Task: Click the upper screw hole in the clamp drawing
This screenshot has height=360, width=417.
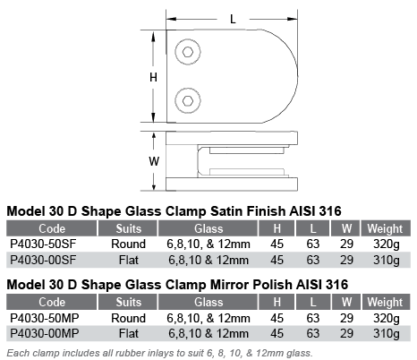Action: point(188,52)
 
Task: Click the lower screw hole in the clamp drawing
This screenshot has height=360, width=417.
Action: point(188,100)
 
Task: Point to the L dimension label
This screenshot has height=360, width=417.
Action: point(233,20)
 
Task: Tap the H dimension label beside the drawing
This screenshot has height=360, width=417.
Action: point(153,78)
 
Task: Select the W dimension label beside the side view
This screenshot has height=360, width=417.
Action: point(154,161)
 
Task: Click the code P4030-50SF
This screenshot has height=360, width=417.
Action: point(43,244)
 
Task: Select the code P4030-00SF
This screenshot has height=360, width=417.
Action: point(43,260)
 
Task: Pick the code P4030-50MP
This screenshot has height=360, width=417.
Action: point(45,318)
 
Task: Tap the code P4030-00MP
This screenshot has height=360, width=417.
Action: point(45,333)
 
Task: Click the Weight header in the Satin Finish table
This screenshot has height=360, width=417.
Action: point(385,229)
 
